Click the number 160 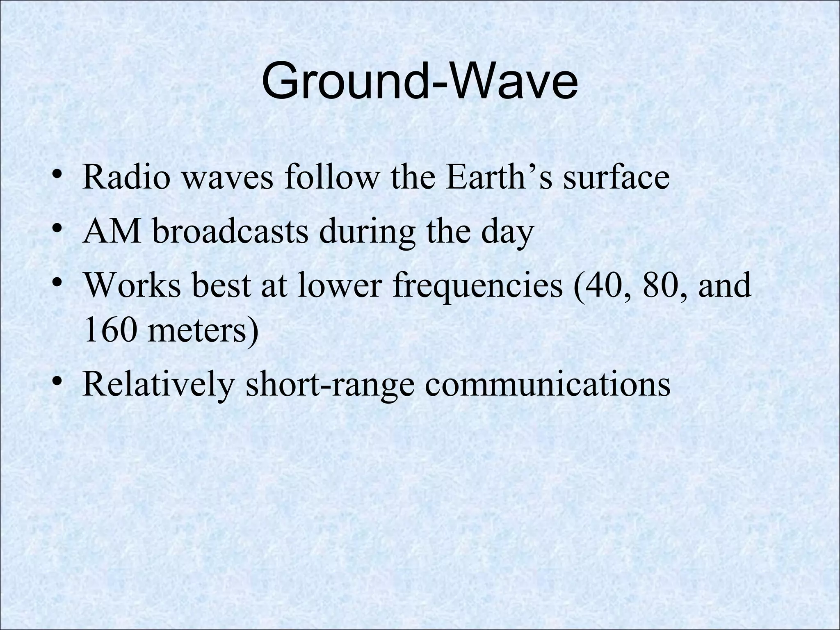click(109, 331)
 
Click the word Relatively click(158, 385)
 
